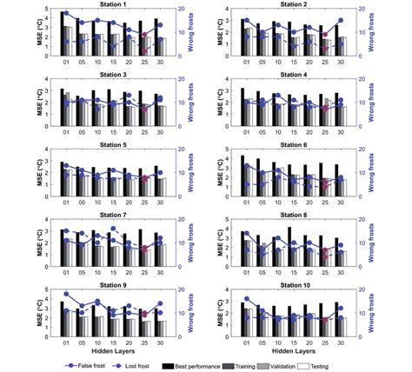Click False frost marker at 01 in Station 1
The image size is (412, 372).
click(65, 15)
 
